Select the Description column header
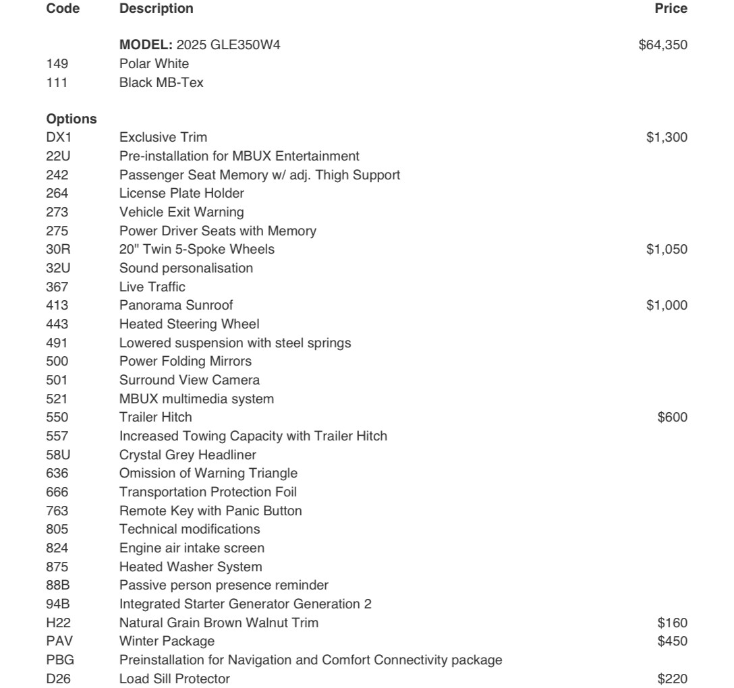155,9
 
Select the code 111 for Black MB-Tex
55,84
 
